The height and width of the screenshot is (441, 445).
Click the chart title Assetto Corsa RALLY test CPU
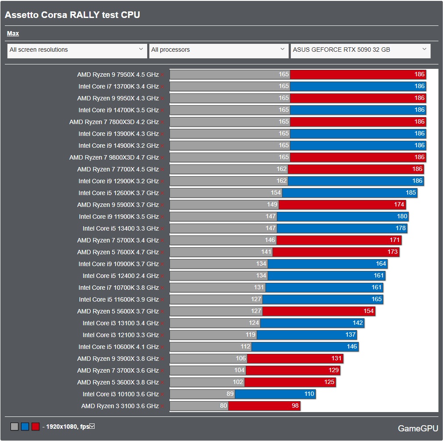(x=72, y=15)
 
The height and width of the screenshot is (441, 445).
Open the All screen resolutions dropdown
(x=77, y=50)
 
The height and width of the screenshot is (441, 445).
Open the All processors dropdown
(x=219, y=50)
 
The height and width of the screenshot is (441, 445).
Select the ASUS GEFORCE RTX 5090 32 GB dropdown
(x=360, y=50)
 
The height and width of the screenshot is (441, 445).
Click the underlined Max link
(x=13, y=33)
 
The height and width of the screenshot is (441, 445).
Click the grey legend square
(x=14, y=427)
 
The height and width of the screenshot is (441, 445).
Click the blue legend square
(x=25, y=427)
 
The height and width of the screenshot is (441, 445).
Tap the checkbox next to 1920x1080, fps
(x=92, y=426)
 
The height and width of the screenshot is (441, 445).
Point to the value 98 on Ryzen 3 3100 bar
(x=295, y=406)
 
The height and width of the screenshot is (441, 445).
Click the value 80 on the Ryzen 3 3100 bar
(x=223, y=406)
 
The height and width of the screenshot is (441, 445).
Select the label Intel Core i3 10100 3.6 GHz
(x=120, y=394)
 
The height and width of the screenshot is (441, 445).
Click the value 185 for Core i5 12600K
(x=411, y=193)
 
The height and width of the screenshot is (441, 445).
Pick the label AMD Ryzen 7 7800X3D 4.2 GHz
(x=114, y=122)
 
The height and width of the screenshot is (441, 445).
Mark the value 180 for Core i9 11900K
(x=402, y=217)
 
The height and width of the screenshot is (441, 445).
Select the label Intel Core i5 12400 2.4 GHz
(x=120, y=276)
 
